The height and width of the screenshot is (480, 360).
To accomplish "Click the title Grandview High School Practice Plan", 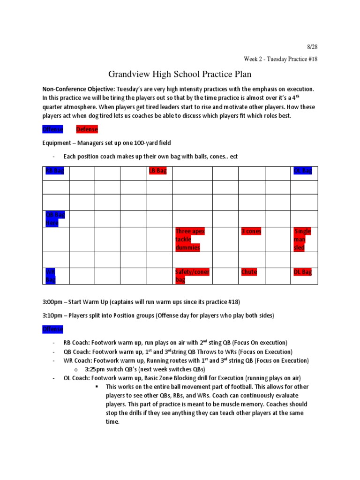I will coord(180,74).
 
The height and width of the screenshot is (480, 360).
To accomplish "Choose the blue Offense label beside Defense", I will coord(52,129).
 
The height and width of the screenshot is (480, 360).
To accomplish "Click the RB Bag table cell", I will coord(54,171).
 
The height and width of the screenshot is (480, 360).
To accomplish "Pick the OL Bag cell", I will coord(302,171).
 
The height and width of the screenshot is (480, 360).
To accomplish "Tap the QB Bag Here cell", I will coord(55,219).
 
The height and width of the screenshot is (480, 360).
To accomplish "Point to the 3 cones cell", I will coord(251,232).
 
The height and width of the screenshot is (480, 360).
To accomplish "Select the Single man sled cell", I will coord(302,239).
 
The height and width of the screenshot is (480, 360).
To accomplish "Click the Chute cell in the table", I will coord(249,272).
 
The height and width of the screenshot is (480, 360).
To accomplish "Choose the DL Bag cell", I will coord(302,272).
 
